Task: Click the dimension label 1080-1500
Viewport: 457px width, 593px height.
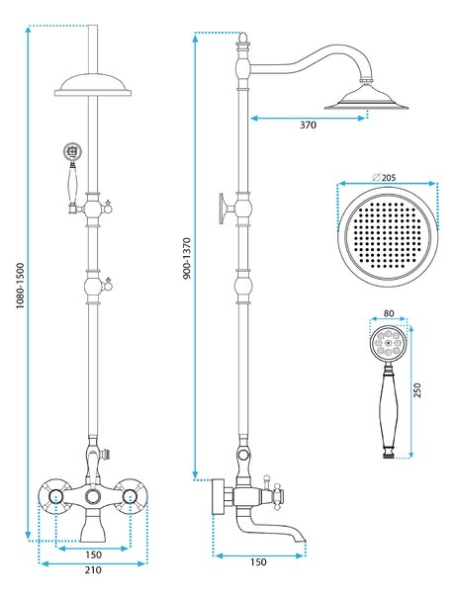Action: pyautogui.click(x=21, y=286)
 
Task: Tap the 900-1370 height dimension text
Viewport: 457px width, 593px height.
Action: pyautogui.click(x=187, y=258)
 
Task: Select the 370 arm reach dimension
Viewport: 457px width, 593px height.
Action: pyautogui.click(x=308, y=125)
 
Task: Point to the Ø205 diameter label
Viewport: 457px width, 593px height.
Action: pyautogui.click(x=384, y=177)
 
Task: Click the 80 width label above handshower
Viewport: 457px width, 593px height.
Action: pyautogui.click(x=389, y=313)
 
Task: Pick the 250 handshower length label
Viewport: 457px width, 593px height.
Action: pyautogui.click(x=416, y=390)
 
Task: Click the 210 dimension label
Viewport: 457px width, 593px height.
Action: pyautogui.click(x=93, y=569)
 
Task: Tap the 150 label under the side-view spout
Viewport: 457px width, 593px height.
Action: pyautogui.click(x=258, y=562)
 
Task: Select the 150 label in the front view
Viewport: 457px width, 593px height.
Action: pyautogui.click(x=93, y=554)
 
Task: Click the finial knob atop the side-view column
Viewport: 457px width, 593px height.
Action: pyautogui.click(x=243, y=38)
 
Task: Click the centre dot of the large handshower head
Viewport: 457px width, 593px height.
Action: pyautogui.click(x=388, y=343)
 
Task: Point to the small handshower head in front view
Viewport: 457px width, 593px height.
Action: pyautogui.click(x=72, y=151)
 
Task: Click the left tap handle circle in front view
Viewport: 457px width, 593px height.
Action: pyautogui.click(x=55, y=496)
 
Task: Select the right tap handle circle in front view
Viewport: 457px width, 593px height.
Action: pyautogui.click(x=130, y=496)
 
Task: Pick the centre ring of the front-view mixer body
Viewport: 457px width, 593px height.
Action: pyautogui.click(x=93, y=496)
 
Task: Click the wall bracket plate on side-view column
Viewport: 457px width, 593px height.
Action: pyautogui.click(x=222, y=209)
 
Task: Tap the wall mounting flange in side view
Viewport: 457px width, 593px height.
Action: pyautogui.click(x=218, y=497)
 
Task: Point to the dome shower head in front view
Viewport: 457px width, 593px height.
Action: pyautogui.click(x=93, y=85)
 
